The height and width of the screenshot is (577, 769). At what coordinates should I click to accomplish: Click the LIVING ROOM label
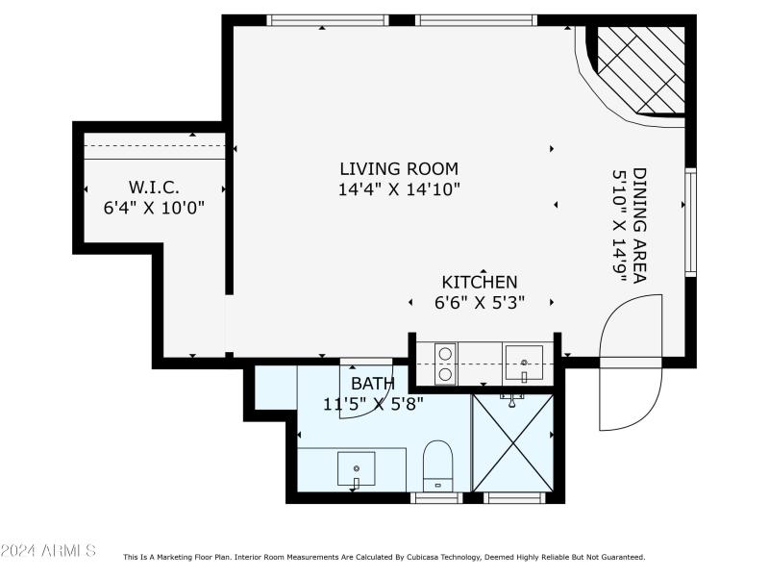(398, 168)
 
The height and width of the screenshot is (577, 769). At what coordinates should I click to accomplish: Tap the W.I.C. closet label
(154, 186)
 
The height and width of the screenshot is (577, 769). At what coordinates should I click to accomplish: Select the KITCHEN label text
(479, 282)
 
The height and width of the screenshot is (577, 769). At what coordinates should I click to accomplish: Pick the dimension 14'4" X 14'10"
(398, 189)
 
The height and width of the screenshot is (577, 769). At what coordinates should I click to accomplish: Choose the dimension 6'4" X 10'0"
(154, 206)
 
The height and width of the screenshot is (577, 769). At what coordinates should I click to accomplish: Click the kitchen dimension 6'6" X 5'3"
(479, 302)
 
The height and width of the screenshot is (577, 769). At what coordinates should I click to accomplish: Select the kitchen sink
(524, 364)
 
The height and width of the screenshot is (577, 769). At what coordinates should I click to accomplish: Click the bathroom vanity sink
(357, 468)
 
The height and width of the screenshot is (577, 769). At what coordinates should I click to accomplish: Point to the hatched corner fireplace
(640, 68)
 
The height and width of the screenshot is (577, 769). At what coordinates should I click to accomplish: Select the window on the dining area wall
(690, 222)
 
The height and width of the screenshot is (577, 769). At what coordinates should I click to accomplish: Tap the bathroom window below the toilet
(436, 497)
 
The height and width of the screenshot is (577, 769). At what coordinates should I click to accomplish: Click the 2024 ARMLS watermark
(48, 551)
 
